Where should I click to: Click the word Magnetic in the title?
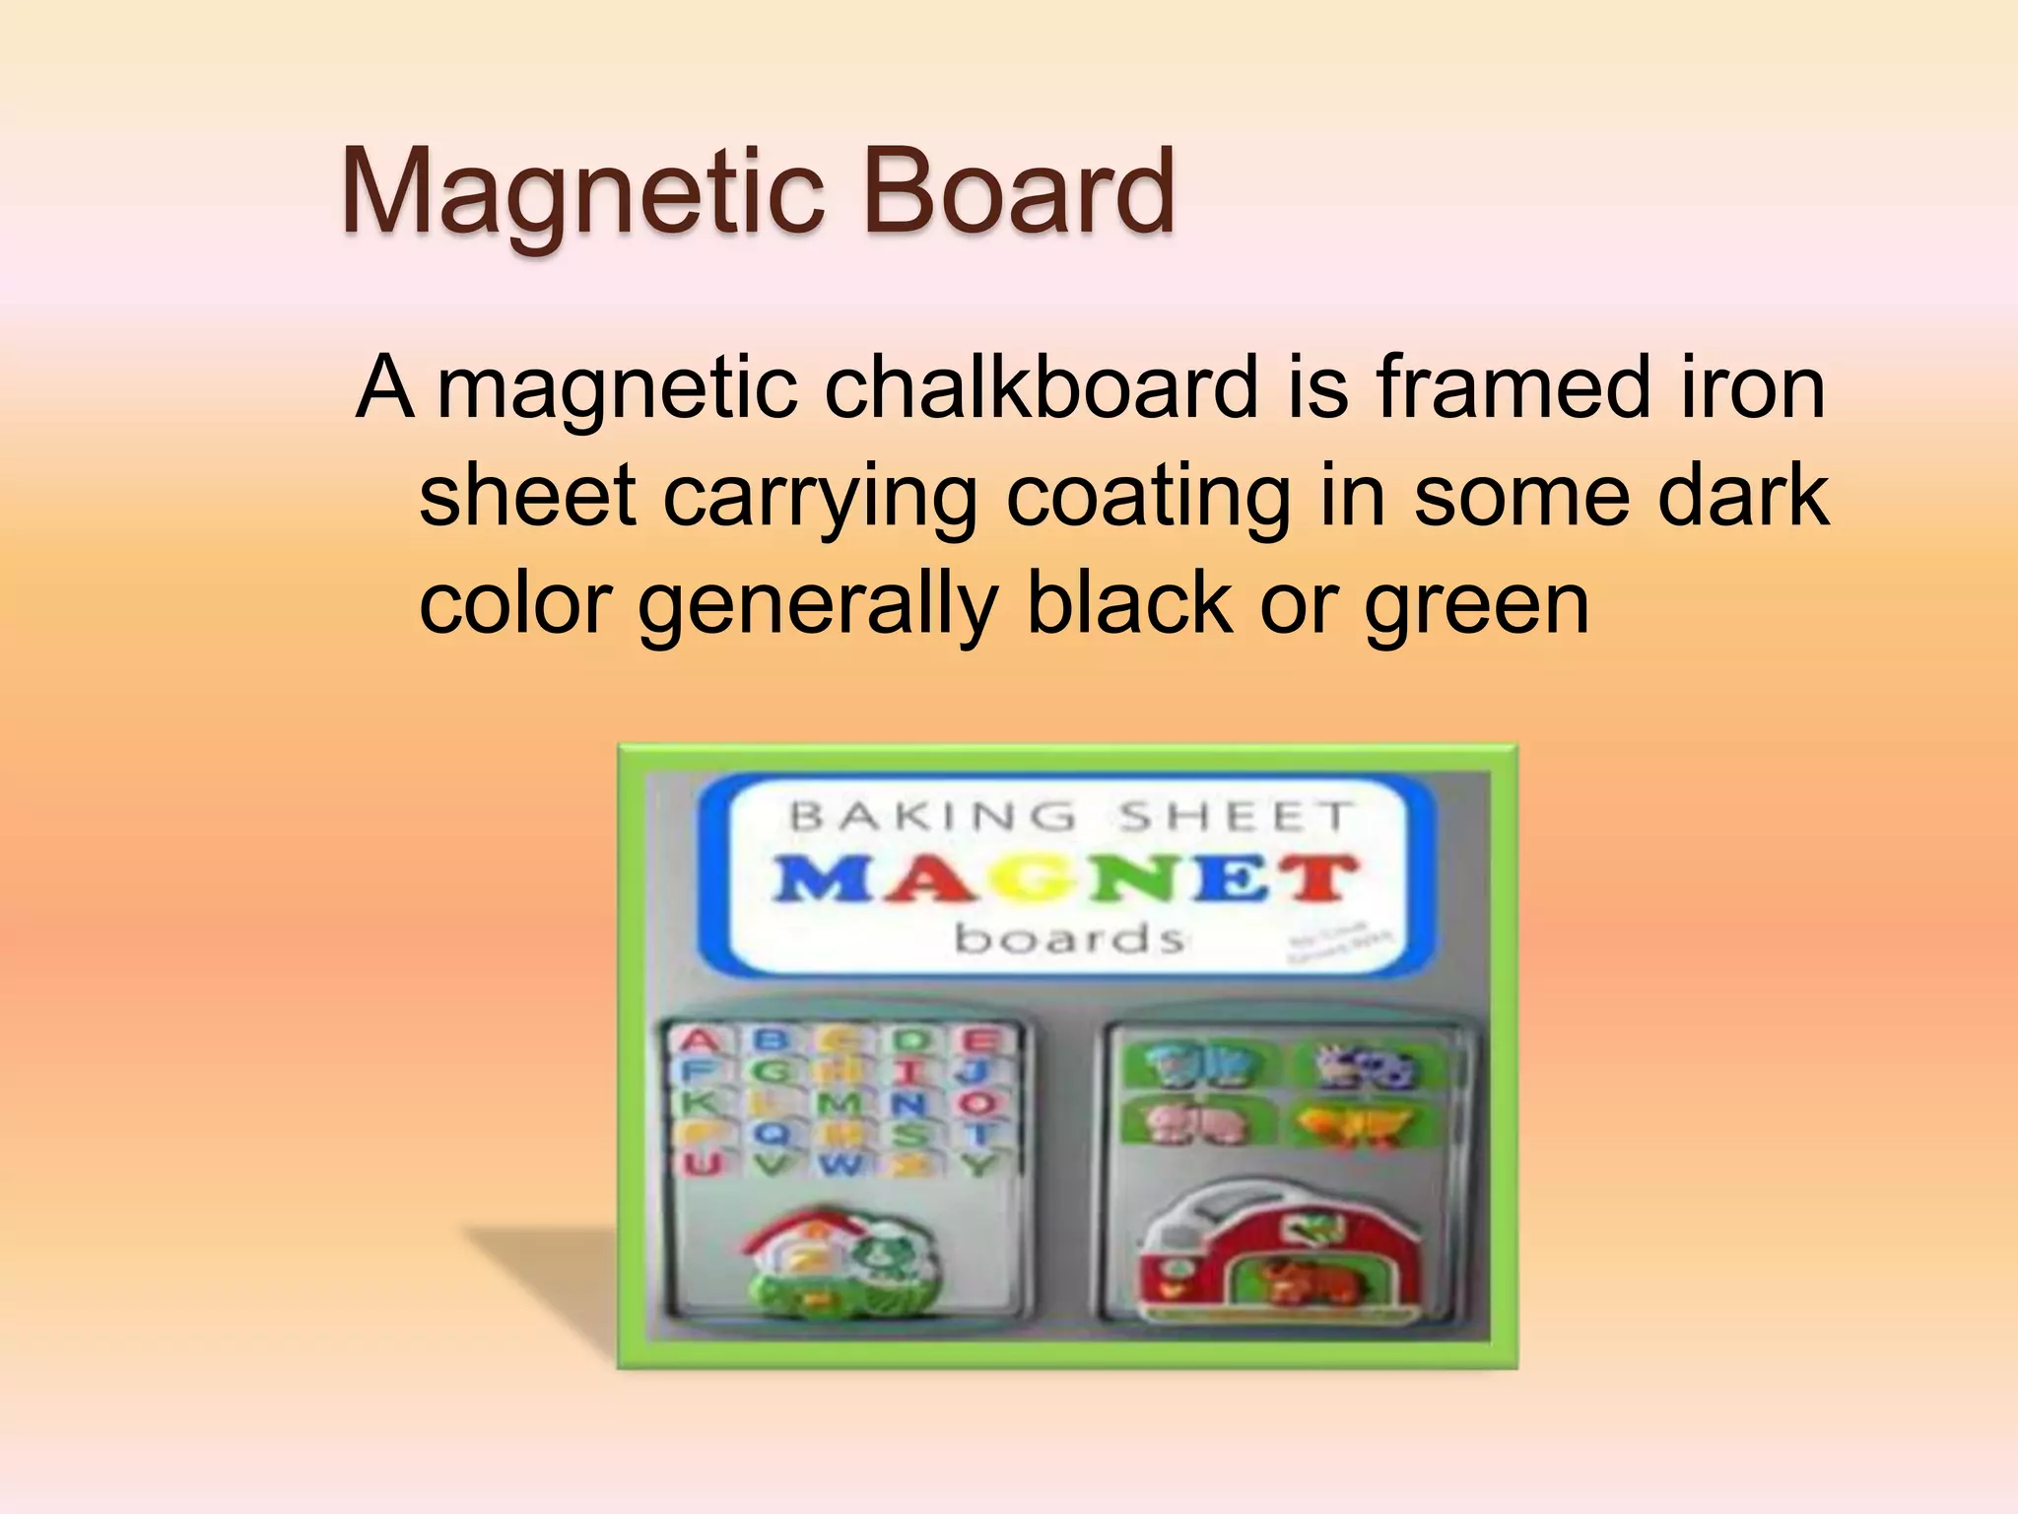coord(581,192)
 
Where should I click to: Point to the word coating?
coord(1147,498)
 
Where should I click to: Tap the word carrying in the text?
coord(820,498)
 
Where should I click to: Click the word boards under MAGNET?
coord(1068,938)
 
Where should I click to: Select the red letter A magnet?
coord(699,1041)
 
